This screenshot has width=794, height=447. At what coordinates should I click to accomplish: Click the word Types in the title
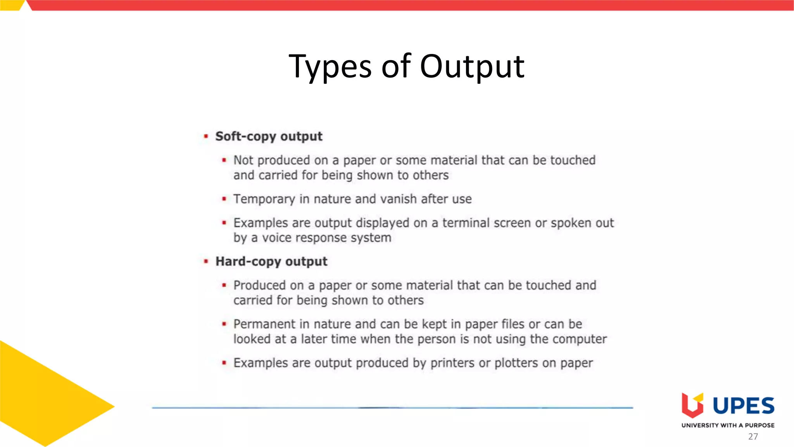click(330, 66)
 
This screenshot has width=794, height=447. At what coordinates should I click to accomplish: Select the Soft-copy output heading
click(269, 136)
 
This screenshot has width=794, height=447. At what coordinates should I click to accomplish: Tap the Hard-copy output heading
click(271, 261)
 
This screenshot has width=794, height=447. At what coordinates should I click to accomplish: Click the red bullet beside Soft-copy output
click(206, 136)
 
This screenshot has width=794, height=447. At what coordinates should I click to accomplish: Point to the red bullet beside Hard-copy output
click(206, 261)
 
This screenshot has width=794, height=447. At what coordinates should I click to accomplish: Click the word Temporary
click(264, 199)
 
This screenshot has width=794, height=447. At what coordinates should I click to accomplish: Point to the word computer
click(579, 339)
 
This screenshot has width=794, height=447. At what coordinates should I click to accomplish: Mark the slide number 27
click(753, 437)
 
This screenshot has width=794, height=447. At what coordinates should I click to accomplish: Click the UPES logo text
click(743, 406)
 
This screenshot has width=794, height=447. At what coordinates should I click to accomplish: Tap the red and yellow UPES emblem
click(692, 405)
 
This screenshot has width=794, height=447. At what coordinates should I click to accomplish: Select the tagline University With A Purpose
click(728, 425)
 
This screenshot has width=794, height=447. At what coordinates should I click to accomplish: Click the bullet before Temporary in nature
click(224, 199)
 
